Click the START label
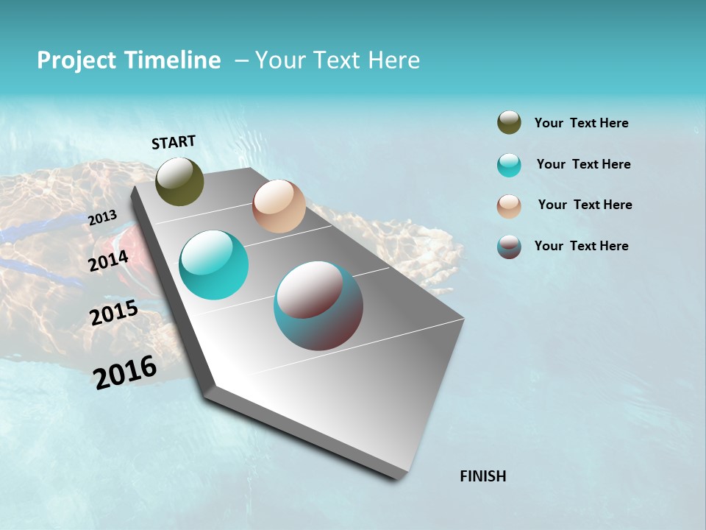pyautogui.click(x=174, y=142)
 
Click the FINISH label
pyautogui.click(x=483, y=476)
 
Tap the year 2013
pyautogui.click(x=103, y=217)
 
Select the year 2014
pyautogui.click(x=109, y=261)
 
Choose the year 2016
pyautogui.click(x=125, y=372)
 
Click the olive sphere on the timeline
pyautogui.click(x=179, y=181)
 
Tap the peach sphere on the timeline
pyautogui.click(x=279, y=206)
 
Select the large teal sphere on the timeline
pyautogui.click(x=214, y=265)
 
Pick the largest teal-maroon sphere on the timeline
pyautogui.click(x=318, y=305)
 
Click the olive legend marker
pyautogui.click(x=509, y=123)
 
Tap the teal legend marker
pyautogui.click(x=509, y=165)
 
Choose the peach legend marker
pyautogui.click(x=509, y=206)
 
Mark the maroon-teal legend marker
pyautogui.click(x=509, y=247)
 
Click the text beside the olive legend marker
pyautogui.click(x=581, y=124)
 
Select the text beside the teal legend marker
pyautogui.click(x=583, y=164)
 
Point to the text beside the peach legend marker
pyautogui.click(x=585, y=205)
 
